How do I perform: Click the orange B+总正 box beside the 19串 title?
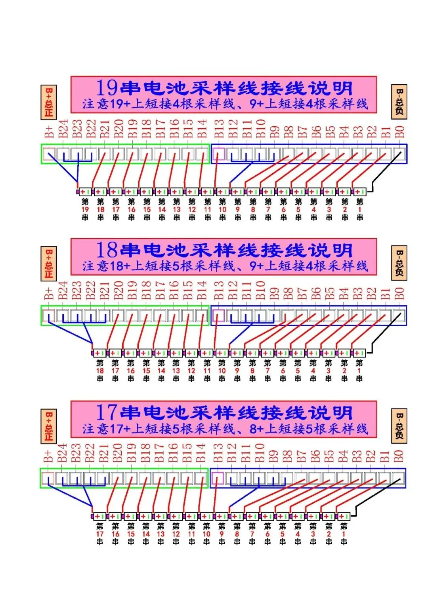coord(49,102)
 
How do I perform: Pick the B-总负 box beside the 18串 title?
coord(399,263)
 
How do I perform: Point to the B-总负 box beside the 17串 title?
coord(399,426)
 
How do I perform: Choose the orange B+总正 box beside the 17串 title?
coord(49,425)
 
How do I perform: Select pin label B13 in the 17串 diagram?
coord(218,453)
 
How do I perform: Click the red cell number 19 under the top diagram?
coord(85,209)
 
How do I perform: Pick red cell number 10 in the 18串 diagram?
coord(222,371)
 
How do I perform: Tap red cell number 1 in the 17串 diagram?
coord(344,534)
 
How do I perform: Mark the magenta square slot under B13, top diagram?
coord(219,154)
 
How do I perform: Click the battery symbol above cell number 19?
coord(85,192)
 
